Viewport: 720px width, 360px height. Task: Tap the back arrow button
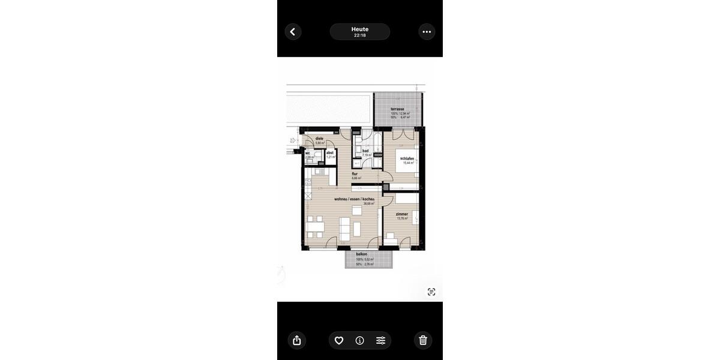point(293,32)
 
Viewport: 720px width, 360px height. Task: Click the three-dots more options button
point(427,32)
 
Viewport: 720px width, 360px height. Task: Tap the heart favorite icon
point(338,340)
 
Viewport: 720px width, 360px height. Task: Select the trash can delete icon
point(423,340)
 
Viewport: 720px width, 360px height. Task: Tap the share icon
point(297,340)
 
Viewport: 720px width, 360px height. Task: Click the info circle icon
point(359,340)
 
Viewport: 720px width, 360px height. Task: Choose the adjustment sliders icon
point(381,340)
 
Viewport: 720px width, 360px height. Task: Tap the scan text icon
point(431,292)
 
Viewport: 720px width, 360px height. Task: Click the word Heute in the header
point(360,29)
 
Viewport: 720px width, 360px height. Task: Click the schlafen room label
point(408,158)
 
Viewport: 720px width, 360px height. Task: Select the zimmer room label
point(402,214)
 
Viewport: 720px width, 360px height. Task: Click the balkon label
point(361,254)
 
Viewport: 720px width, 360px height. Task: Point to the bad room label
point(365,151)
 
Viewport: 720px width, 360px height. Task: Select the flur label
point(355,174)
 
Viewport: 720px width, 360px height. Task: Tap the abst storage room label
point(329,152)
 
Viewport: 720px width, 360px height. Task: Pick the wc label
point(308,152)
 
